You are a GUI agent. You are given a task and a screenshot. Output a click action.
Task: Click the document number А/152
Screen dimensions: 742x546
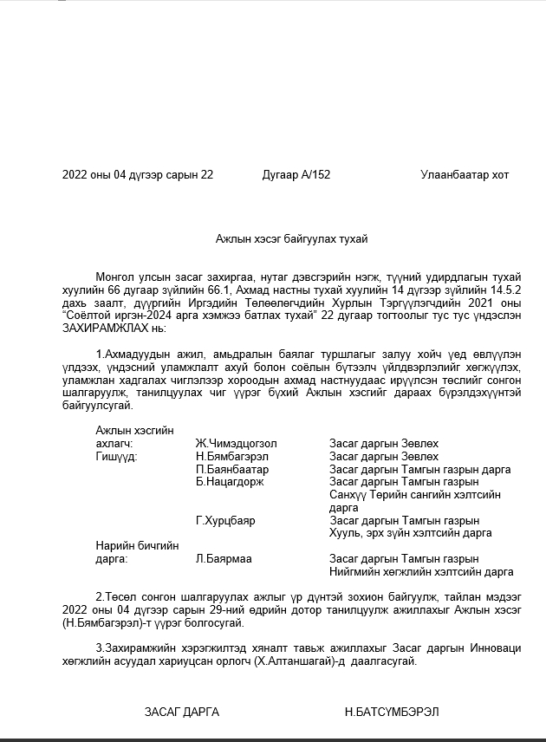coord(315,175)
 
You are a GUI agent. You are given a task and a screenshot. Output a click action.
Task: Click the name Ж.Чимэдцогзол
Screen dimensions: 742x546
coord(237,443)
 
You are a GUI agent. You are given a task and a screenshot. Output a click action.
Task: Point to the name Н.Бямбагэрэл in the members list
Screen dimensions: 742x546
coord(231,456)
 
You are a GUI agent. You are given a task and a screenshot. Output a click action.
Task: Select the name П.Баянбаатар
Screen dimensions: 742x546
coord(232,469)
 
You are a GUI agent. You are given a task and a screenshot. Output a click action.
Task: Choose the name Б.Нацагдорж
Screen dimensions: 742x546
coord(230,482)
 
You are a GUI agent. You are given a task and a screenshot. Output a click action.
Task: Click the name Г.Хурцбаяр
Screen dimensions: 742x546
coord(225,520)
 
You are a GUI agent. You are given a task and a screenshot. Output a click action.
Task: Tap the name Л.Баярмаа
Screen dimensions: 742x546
coord(224,559)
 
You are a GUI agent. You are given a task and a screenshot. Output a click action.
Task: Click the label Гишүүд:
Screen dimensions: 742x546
coord(117,456)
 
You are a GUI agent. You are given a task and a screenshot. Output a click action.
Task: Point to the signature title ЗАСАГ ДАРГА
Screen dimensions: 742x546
coord(182,712)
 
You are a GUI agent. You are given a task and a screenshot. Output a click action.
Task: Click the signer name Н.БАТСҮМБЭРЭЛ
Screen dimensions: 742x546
coord(392,712)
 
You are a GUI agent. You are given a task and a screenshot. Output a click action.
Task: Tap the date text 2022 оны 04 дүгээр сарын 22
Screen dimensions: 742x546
coord(138,175)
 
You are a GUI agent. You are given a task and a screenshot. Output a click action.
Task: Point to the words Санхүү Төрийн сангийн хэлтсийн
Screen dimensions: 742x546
coord(414,495)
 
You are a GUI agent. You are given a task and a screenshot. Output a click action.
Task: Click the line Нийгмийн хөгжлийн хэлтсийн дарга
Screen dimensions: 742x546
coord(421,572)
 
